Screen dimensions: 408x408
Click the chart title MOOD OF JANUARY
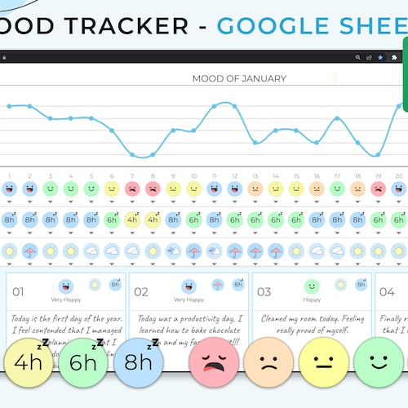239,78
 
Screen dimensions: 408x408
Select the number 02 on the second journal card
141,291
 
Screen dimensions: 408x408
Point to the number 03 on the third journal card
264,291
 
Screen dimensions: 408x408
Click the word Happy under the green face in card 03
311,299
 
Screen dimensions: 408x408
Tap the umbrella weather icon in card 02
218,285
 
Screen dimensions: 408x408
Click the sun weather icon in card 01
95,285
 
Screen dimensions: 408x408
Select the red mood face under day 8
153,188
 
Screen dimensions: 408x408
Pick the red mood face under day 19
378,188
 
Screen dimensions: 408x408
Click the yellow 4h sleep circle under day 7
132,220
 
